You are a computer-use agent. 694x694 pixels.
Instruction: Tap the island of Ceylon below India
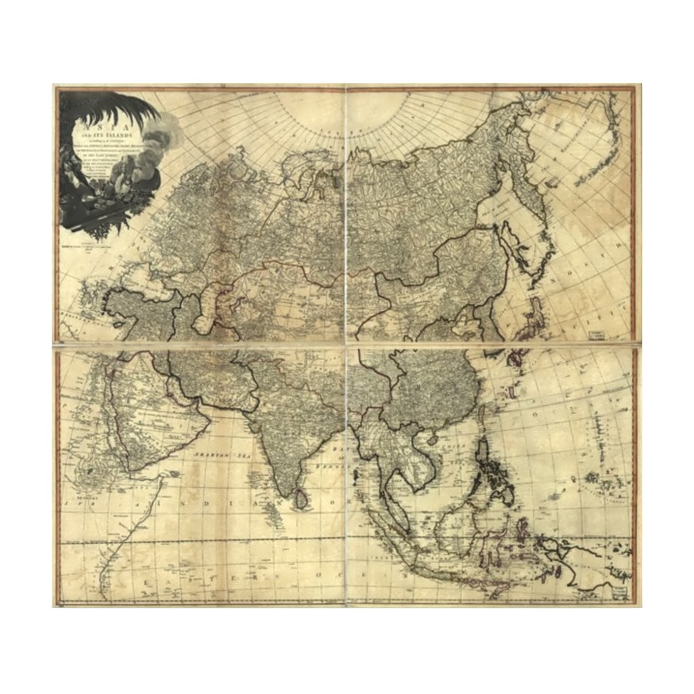301,498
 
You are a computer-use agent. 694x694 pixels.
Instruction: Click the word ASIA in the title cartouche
104,119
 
